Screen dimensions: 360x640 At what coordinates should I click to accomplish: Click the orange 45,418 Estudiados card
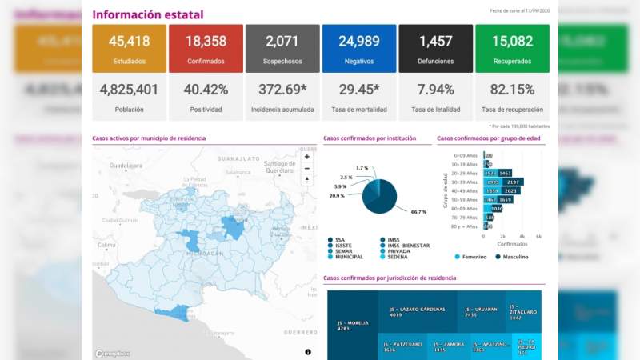click(130, 48)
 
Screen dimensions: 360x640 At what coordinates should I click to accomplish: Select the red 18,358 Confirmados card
click(206, 48)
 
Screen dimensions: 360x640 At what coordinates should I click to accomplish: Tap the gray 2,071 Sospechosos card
click(282, 48)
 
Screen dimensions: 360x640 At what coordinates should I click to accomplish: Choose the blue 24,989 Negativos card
click(358, 48)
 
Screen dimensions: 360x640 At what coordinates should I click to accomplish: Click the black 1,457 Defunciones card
click(435, 48)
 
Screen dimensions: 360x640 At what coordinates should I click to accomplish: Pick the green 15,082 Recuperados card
click(512, 48)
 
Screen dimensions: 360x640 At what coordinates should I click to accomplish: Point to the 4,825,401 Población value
click(130, 90)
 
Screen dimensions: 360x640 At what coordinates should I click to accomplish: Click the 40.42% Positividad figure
click(206, 90)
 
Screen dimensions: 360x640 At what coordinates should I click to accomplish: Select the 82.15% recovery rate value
click(512, 90)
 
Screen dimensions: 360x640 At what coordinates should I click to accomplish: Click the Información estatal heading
click(148, 14)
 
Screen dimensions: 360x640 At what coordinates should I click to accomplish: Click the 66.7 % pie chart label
click(418, 212)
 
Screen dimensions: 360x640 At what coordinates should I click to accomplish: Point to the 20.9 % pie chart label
click(337, 196)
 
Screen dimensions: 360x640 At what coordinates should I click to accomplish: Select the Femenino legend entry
click(471, 257)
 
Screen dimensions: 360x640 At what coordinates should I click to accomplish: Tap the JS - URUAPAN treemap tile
click(482, 311)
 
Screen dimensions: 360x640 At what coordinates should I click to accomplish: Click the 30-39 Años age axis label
click(466, 182)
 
